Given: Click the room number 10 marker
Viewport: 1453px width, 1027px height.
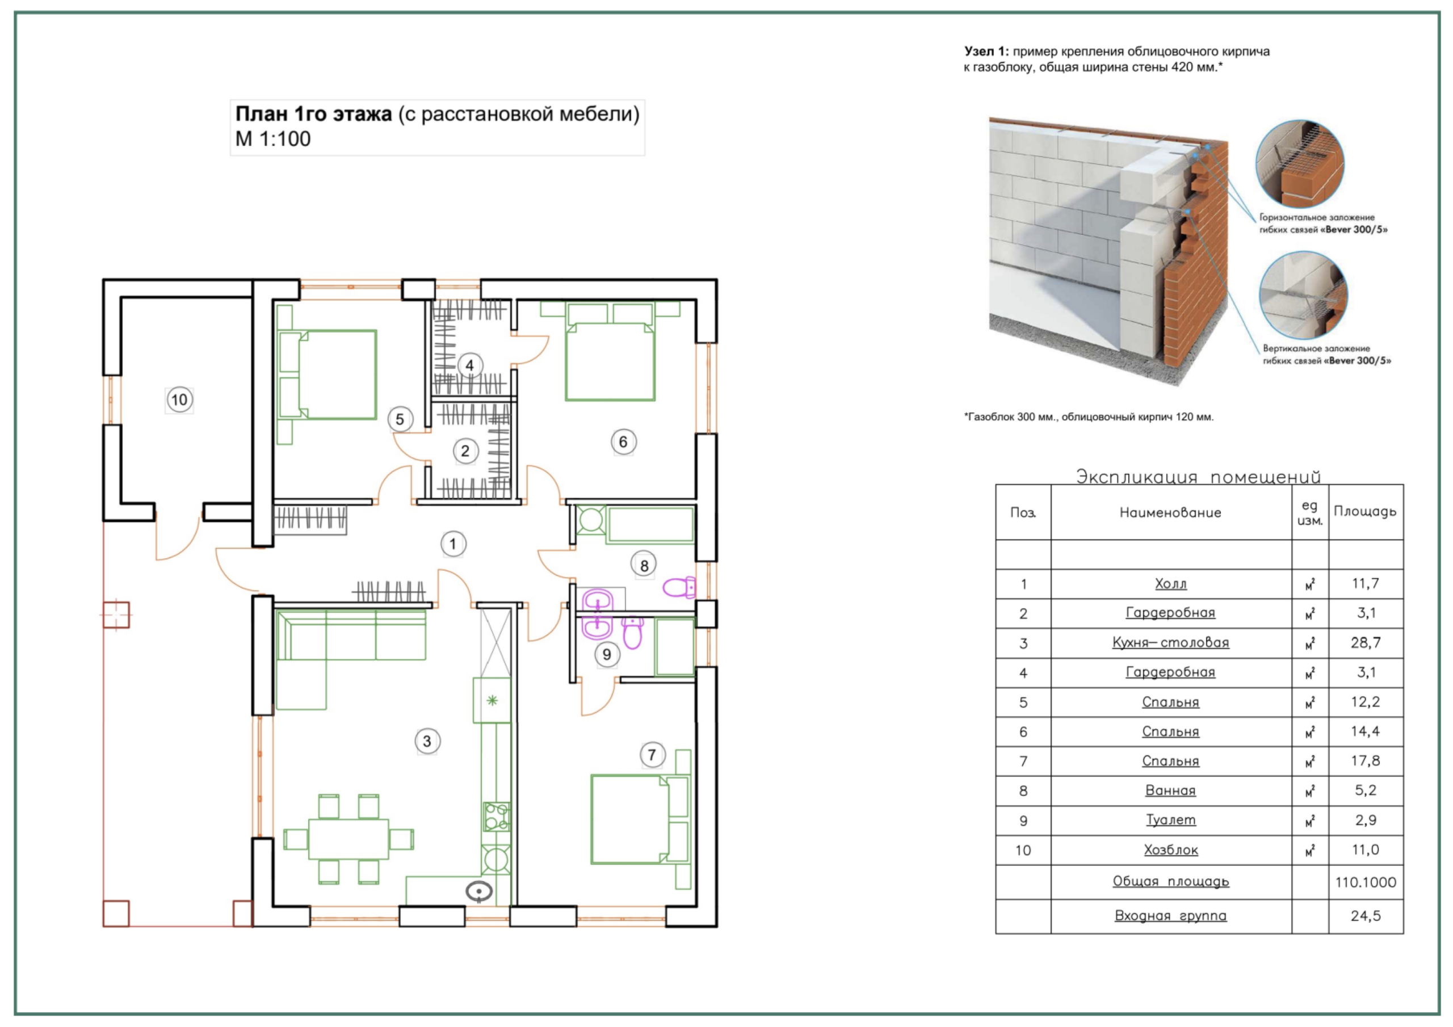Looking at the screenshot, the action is tap(180, 400).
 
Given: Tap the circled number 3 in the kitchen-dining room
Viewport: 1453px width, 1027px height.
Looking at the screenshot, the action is tap(427, 741).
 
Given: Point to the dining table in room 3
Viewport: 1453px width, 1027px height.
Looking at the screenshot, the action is tap(348, 839).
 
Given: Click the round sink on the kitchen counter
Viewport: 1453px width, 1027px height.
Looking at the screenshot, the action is tap(479, 891).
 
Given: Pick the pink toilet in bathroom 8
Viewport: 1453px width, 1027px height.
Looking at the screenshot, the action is tap(679, 587).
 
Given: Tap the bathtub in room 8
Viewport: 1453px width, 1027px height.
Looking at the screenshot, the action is tap(650, 525).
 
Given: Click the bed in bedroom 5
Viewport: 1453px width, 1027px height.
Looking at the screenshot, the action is tap(337, 374).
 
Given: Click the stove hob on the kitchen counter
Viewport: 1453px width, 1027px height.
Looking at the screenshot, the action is tap(497, 816).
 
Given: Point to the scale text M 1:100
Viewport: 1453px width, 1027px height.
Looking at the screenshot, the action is tap(273, 139).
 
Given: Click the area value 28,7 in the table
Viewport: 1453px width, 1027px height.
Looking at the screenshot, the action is tap(1366, 643).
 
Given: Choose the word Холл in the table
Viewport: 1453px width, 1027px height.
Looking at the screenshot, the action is tap(1171, 584).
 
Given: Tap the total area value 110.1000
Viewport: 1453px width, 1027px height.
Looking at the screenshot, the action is tap(1366, 882).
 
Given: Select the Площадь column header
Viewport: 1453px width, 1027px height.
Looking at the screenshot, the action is tap(1365, 512).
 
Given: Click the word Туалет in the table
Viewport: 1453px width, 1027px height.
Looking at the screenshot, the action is tap(1171, 820).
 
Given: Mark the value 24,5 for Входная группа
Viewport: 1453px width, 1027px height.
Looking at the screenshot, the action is tap(1366, 916).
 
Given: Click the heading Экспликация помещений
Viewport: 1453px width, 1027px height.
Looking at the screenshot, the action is tap(1199, 477).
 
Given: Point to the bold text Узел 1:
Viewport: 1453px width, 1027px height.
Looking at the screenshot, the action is tap(986, 51).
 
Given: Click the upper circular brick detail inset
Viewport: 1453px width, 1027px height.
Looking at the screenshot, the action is tap(1300, 164).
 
